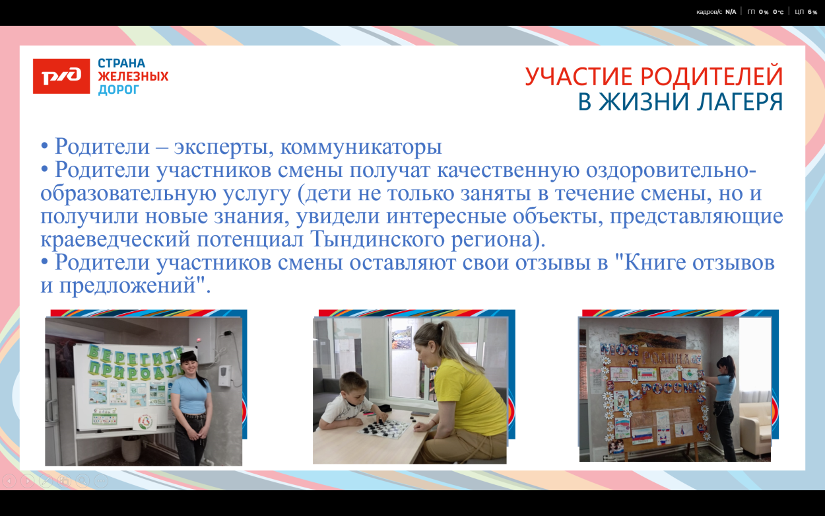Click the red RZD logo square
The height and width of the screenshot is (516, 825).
(61, 76)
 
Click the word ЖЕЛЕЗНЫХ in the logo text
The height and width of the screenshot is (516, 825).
(133, 77)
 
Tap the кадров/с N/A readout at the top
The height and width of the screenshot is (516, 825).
(715, 12)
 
